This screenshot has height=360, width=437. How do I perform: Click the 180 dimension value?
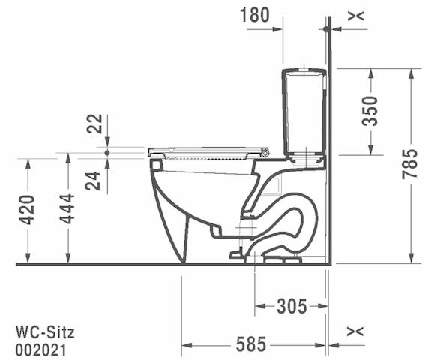[254, 15]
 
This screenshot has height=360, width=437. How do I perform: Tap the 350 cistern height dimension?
[370, 111]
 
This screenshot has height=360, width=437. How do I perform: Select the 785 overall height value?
[410, 164]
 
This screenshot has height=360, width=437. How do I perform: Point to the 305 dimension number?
[292, 306]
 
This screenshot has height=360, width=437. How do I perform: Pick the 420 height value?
[27, 210]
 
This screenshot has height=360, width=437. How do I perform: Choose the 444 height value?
[67, 209]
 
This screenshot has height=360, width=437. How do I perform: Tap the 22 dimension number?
[94, 124]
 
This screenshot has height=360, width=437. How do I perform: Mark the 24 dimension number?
[93, 181]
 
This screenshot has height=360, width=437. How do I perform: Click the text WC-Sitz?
[45, 331]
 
